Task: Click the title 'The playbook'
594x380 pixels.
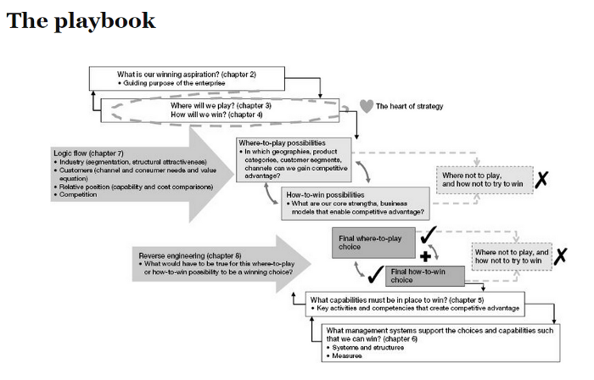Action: pyautogui.click(x=81, y=21)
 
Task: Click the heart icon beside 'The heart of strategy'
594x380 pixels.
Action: pyautogui.click(x=367, y=106)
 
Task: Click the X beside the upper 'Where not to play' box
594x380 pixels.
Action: pyautogui.click(x=541, y=179)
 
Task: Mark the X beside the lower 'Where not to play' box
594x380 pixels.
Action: pyautogui.click(x=560, y=256)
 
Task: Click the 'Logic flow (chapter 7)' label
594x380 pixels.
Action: pyautogui.click(x=87, y=152)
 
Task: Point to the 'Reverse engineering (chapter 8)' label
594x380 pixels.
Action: pyautogui.click(x=188, y=254)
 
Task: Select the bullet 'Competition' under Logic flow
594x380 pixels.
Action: pyautogui.click(x=79, y=194)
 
